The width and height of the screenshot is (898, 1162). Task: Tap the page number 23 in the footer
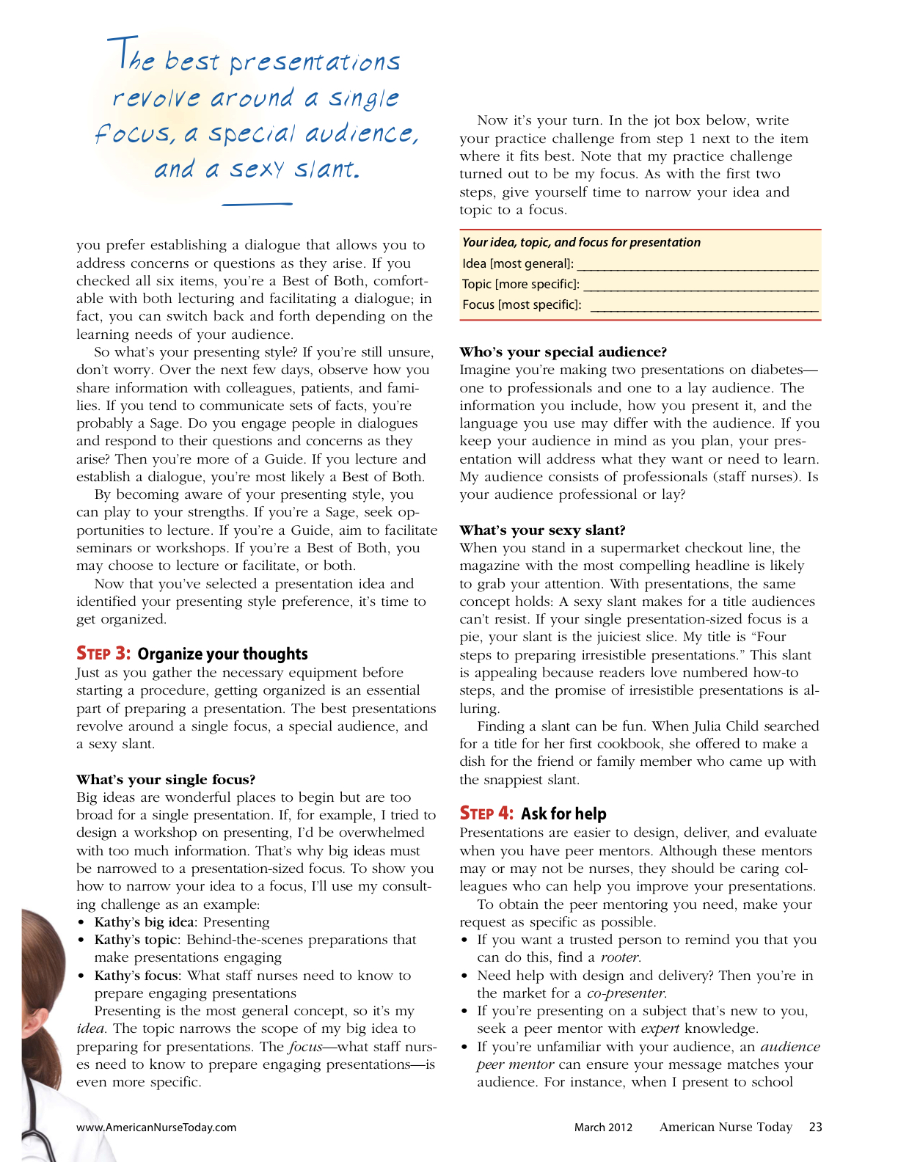(x=815, y=1127)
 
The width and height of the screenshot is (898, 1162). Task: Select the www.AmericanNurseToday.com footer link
(x=156, y=1128)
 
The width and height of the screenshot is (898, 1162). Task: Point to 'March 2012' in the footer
(x=603, y=1128)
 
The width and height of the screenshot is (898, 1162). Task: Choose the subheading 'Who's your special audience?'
(x=563, y=352)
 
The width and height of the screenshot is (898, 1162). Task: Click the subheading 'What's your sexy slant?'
(x=542, y=530)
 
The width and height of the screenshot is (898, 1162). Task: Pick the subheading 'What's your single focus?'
(x=166, y=779)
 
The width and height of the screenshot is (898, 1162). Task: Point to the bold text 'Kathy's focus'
(x=137, y=976)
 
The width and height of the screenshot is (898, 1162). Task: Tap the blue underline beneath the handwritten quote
(x=257, y=203)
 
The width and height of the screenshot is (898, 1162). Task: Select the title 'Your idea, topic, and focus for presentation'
(x=581, y=242)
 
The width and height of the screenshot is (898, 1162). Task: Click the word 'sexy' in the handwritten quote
(x=256, y=169)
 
